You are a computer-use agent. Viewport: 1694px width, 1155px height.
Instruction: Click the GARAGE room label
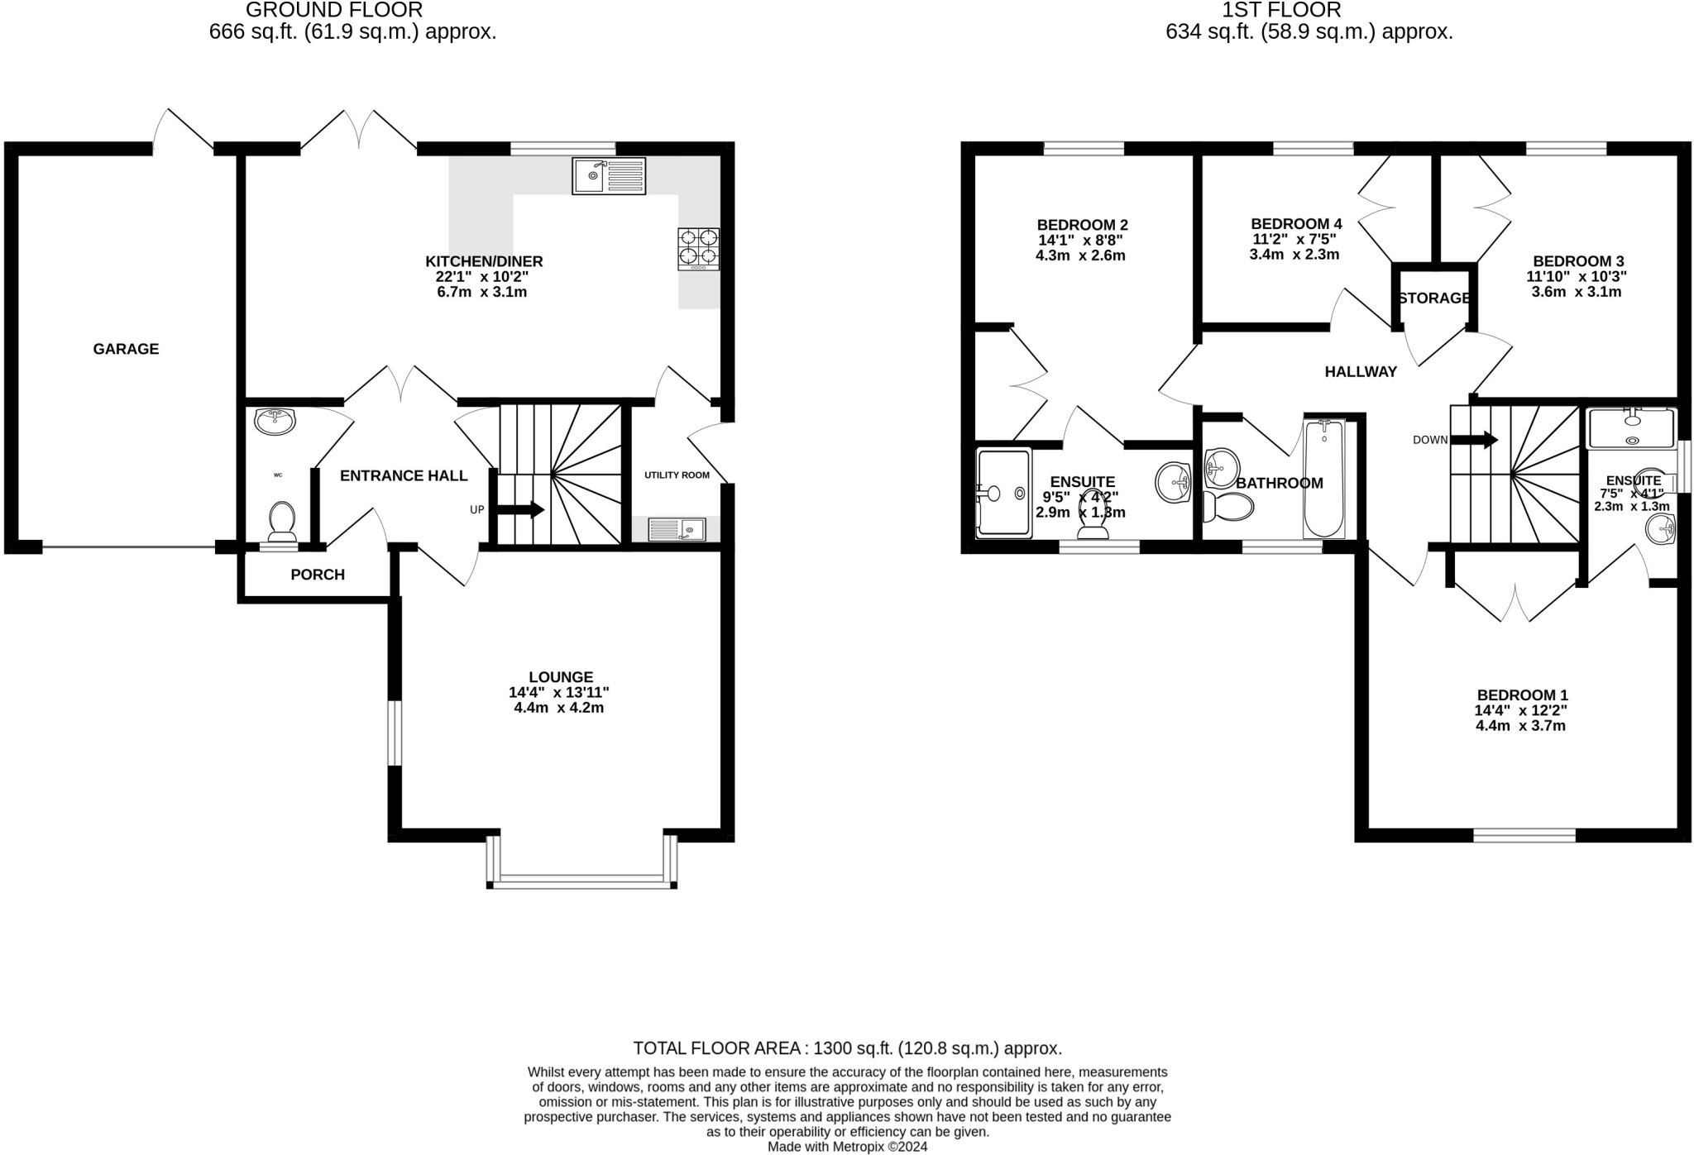(x=126, y=349)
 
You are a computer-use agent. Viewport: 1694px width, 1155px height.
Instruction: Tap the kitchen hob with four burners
(x=698, y=249)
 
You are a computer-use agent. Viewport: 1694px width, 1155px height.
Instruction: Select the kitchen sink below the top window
(x=609, y=176)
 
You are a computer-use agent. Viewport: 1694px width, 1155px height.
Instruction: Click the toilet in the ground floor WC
(x=282, y=521)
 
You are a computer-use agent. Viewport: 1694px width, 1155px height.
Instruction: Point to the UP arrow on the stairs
(x=519, y=510)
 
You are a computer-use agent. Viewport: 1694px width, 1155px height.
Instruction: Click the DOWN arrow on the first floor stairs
(x=1474, y=440)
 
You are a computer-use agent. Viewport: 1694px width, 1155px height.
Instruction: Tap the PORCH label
(x=318, y=575)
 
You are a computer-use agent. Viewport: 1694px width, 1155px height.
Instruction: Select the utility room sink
(x=677, y=529)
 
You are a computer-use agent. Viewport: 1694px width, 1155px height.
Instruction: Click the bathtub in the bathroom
(x=1324, y=478)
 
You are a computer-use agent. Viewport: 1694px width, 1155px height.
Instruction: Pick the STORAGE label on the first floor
(x=1434, y=298)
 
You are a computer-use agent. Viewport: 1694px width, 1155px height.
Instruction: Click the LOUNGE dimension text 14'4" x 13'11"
(x=559, y=693)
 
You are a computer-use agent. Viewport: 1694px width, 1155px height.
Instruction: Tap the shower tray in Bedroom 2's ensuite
(x=1004, y=493)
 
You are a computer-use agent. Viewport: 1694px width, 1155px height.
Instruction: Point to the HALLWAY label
(x=1361, y=372)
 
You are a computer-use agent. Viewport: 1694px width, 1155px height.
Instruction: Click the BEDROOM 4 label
(x=1296, y=224)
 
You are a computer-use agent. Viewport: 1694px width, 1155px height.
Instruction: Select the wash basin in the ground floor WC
(x=275, y=421)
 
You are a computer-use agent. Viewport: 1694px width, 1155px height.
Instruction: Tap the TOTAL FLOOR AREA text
(x=847, y=1048)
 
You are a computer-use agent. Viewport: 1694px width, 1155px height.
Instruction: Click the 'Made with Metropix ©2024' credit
(x=847, y=1147)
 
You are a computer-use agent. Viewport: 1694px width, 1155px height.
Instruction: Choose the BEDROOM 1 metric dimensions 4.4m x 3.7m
(x=1521, y=726)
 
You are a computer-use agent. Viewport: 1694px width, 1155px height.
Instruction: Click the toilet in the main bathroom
(x=1227, y=507)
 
